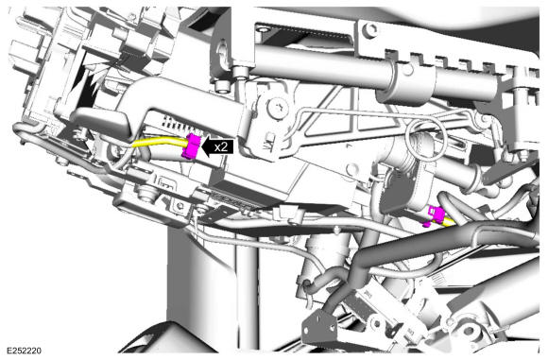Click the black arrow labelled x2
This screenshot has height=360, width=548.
[217, 146]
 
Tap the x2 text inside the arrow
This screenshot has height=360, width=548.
[221, 147]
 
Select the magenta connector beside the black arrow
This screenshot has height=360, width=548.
[192, 146]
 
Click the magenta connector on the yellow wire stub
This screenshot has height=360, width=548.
[436, 215]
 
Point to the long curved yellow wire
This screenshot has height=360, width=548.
[159, 143]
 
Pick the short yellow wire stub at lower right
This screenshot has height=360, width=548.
[449, 222]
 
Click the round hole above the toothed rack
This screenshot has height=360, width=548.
[369, 30]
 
